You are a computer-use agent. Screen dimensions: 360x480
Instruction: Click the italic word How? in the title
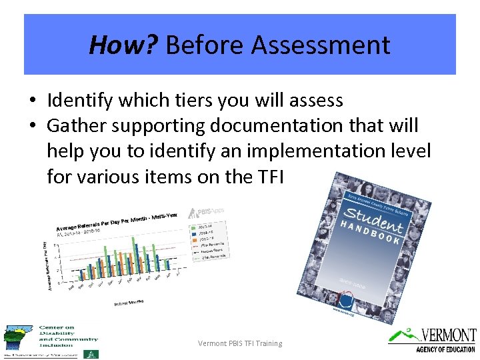[x=123, y=45]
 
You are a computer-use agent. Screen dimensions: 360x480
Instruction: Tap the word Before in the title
[x=207, y=45]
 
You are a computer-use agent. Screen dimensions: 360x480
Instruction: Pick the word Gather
[x=73, y=126]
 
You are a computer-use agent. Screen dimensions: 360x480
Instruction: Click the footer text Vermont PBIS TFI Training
[x=240, y=343]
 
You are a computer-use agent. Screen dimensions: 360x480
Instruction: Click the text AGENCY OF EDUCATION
[x=445, y=349]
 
